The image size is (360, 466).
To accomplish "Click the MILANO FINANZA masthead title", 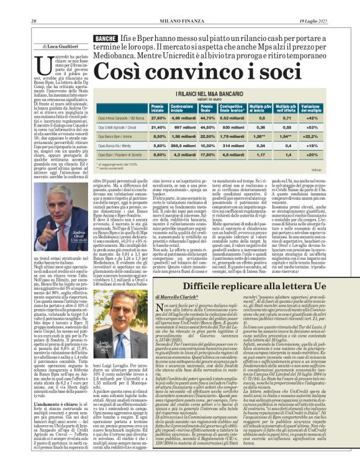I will [x=179, y=6].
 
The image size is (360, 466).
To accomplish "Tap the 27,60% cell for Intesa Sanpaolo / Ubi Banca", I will [x=159, y=117].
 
